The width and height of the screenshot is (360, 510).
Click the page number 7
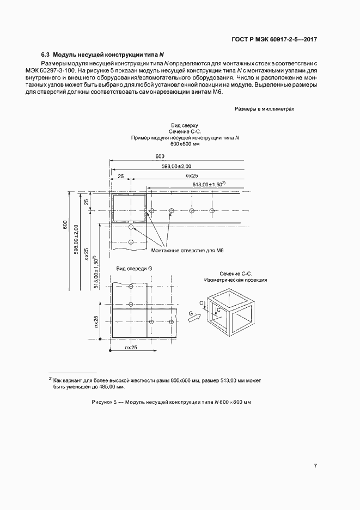[x=315, y=465]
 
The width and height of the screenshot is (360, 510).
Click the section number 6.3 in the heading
[x=46, y=55]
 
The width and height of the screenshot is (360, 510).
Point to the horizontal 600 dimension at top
[x=160, y=156]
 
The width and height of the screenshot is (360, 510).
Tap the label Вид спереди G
[x=135, y=269]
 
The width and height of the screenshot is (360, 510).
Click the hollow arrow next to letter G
[x=193, y=320]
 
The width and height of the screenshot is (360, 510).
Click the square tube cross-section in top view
[x=129, y=209]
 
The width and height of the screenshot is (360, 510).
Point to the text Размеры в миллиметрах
[x=264, y=108]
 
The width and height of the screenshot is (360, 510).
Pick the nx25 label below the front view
[x=130, y=347]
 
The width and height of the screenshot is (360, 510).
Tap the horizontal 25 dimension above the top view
[x=120, y=175]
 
